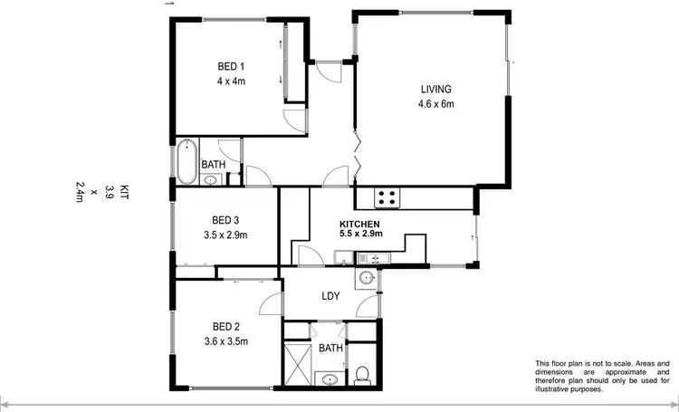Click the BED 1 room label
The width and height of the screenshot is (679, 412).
pyautogui.click(x=231, y=66)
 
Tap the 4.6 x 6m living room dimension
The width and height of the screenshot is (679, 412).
pyautogui.click(x=435, y=104)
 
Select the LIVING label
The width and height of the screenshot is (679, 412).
pyautogui.click(x=435, y=89)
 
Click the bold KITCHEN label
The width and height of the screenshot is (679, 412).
pyautogui.click(x=359, y=224)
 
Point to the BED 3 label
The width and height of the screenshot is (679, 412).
pyautogui.click(x=225, y=220)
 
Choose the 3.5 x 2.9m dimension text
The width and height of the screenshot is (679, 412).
pyautogui.click(x=225, y=235)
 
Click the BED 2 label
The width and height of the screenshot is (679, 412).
pyautogui.click(x=225, y=326)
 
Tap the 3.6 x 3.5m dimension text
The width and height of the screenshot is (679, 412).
pyautogui.click(x=225, y=341)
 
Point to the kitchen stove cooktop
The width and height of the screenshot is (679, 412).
pyautogui.click(x=387, y=196)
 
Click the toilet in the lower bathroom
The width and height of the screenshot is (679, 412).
pyautogui.click(x=362, y=372)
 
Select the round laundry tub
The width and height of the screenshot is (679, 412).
pyautogui.click(x=367, y=278)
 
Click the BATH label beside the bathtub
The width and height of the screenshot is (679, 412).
pyautogui.click(x=214, y=165)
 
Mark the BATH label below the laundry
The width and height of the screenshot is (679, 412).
pyautogui.click(x=331, y=348)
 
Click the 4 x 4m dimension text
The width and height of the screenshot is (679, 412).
pyautogui.click(x=231, y=81)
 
